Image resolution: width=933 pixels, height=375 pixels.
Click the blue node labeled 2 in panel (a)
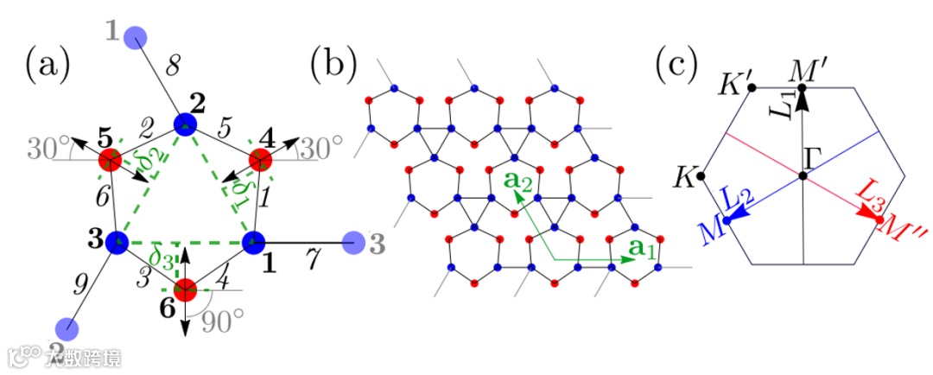(x=183, y=126)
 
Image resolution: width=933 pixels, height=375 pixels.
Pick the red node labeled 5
(x=109, y=160)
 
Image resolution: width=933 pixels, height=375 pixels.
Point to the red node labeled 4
(x=260, y=160)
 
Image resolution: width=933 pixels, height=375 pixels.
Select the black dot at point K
(x=701, y=176)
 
